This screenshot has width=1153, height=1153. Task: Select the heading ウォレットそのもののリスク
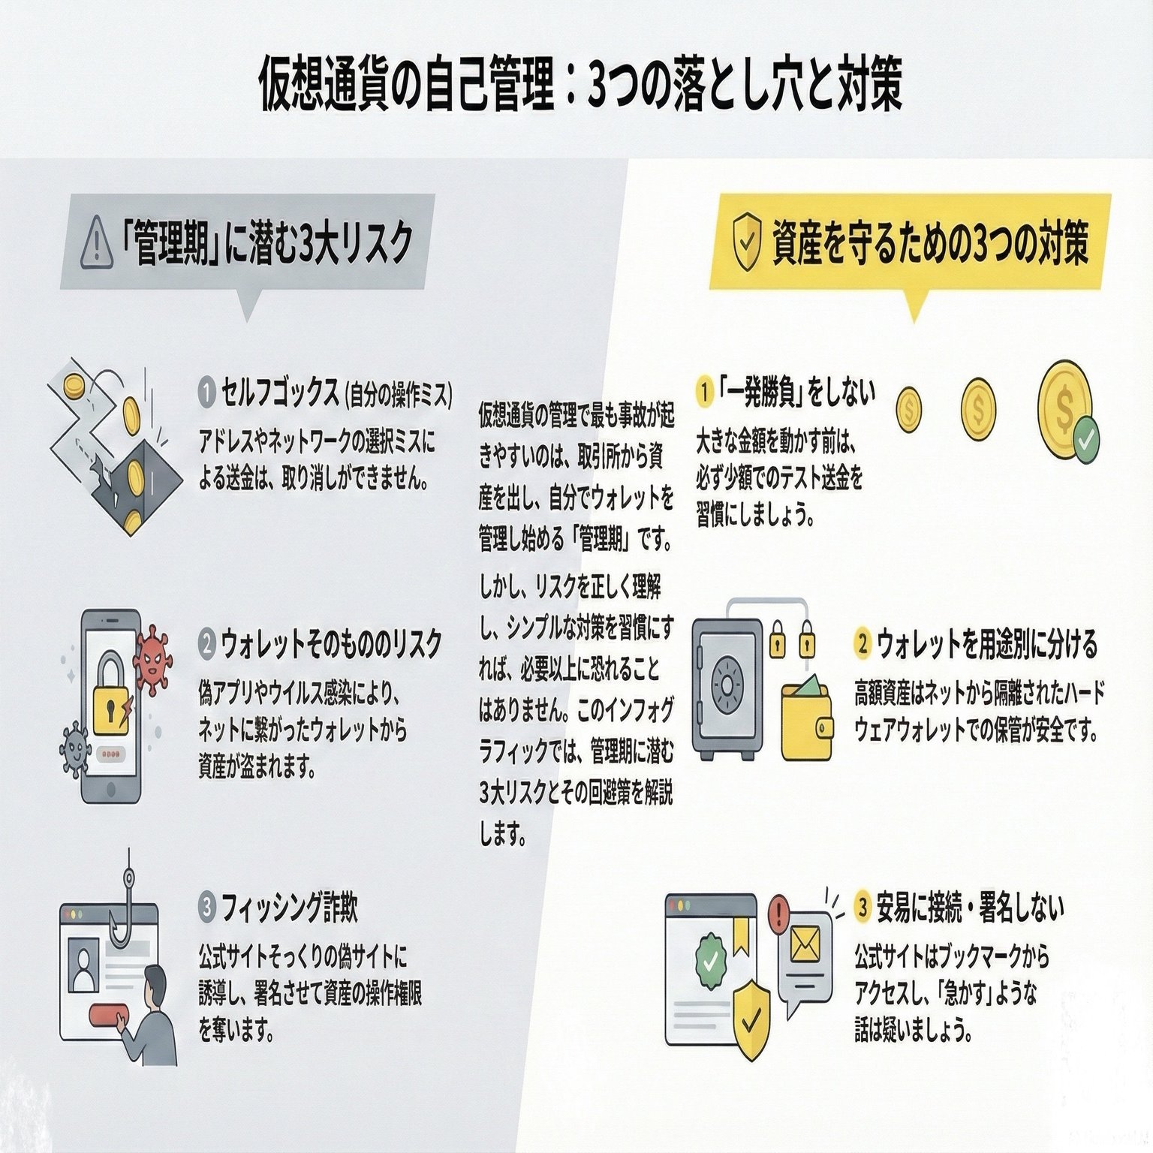[x=331, y=643]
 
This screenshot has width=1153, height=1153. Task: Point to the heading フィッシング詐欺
[x=289, y=908]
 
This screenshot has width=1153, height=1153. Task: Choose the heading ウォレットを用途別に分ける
[x=986, y=643]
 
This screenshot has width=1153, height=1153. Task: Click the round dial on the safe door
[x=727, y=684]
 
